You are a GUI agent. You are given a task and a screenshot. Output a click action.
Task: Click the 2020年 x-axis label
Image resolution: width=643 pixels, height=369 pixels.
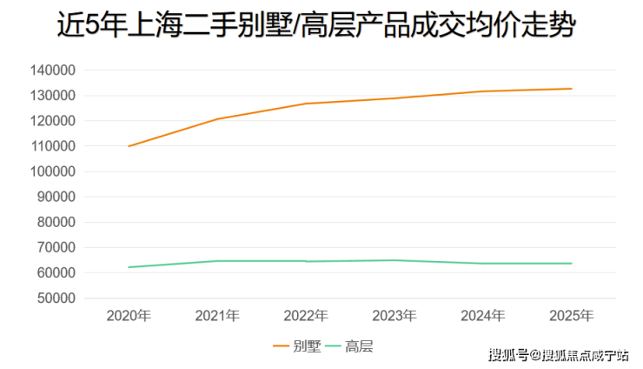click(x=129, y=315)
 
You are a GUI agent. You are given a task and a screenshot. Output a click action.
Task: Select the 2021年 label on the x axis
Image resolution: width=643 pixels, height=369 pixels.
click(x=217, y=315)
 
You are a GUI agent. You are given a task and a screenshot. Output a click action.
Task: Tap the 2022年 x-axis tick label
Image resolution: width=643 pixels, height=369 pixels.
click(x=306, y=315)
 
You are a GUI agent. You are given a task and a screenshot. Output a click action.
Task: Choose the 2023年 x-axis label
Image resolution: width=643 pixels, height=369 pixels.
click(x=394, y=315)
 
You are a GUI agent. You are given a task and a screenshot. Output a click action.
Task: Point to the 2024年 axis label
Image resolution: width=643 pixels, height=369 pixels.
click(x=483, y=315)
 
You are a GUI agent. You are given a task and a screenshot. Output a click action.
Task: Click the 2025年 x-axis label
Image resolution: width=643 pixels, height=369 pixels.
click(x=572, y=315)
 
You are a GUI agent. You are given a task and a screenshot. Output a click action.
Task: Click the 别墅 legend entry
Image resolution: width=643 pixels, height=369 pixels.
click(x=296, y=346)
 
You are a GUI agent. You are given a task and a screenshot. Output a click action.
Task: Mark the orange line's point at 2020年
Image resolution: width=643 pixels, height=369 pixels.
click(x=129, y=146)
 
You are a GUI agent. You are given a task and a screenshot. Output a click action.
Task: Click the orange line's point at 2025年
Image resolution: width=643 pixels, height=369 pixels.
click(x=571, y=89)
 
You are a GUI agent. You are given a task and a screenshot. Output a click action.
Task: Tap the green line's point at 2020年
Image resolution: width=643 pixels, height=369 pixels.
click(x=129, y=267)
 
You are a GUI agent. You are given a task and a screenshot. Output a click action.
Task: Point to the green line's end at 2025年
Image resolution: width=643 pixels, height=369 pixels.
click(x=571, y=264)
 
